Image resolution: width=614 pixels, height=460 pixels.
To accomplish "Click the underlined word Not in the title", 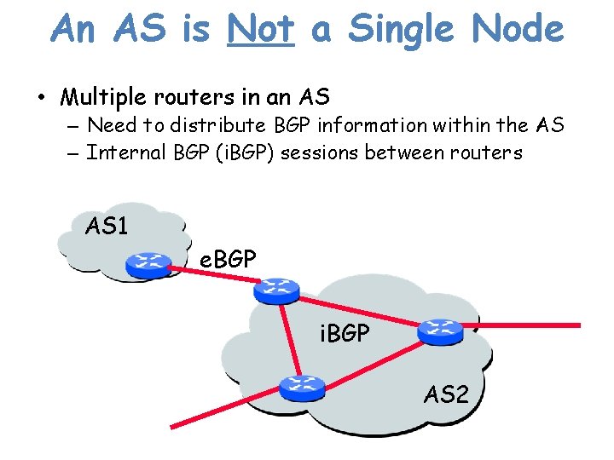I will pyautogui.click(x=260, y=29).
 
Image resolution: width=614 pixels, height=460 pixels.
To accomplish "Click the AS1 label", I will pyautogui.click(x=107, y=227).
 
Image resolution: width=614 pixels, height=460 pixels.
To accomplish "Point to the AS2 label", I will pyautogui.click(x=447, y=394).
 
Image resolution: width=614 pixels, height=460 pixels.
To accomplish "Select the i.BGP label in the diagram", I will pyautogui.click(x=345, y=333).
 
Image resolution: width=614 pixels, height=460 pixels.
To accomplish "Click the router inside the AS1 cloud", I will pyautogui.click(x=148, y=265).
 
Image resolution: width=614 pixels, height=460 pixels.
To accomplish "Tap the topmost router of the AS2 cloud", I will pyautogui.click(x=276, y=290).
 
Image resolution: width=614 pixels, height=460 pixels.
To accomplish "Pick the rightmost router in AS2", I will pyautogui.click(x=441, y=331).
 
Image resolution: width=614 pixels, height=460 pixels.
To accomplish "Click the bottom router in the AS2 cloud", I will pyautogui.click(x=302, y=388).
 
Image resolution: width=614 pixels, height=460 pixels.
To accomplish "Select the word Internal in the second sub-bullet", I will pyautogui.click(x=121, y=152).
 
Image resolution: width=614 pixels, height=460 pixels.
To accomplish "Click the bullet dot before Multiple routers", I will pyautogui.click(x=42, y=97).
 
